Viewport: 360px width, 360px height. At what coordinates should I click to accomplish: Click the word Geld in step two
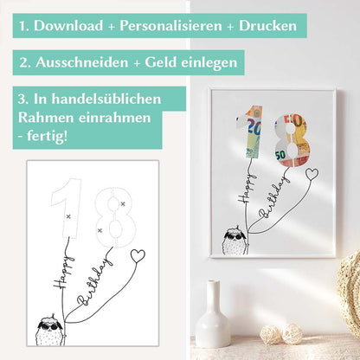click(160, 63)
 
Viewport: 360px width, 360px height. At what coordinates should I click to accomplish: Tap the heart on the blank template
click(136, 256)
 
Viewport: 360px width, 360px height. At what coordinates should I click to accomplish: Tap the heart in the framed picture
click(312, 173)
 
